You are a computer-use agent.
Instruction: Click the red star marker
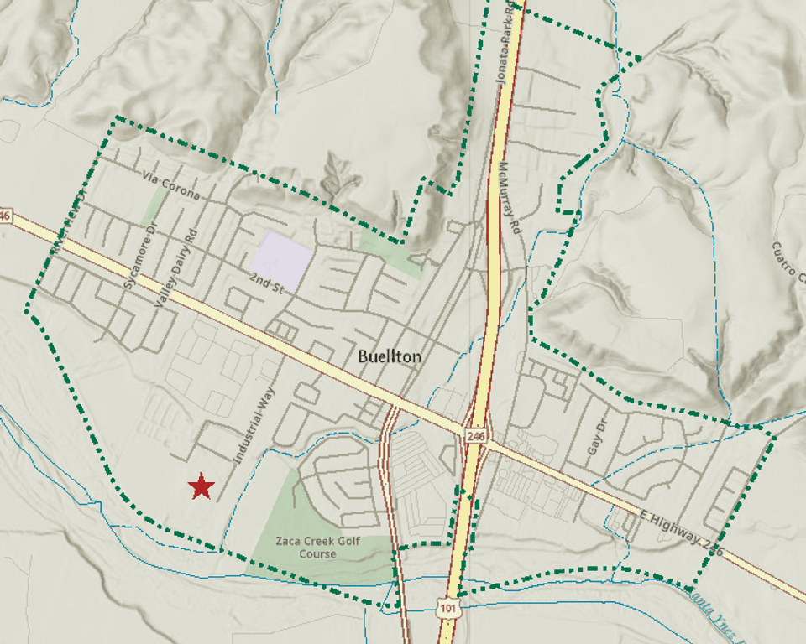pyautogui.click(x=201, y=486)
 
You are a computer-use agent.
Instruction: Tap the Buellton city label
pyautogui.click(x=390, y=356)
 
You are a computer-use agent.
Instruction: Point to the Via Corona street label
pyautogui.click(x=171, y=185)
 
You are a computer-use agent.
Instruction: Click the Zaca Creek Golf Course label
pyautogui.click(x=317, y=548)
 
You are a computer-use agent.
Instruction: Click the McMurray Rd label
pyautogui.click(x=513, y=199)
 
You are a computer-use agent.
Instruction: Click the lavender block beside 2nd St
pyautogui.click(x=283, y=258)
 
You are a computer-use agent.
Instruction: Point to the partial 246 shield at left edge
pyautogui.click(x=5, y=216)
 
